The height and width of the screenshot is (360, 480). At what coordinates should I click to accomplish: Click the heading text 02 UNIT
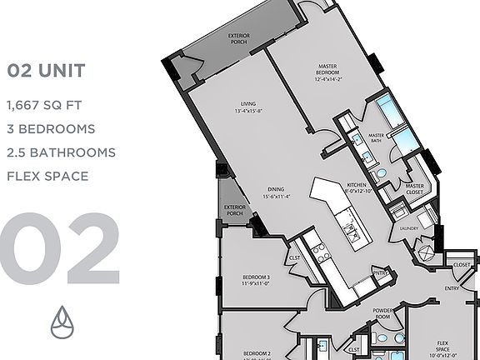[x=45, y=71]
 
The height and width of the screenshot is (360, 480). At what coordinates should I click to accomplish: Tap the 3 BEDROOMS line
[x=50, y=129]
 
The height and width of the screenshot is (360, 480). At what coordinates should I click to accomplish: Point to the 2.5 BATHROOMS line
[x=61, y=152]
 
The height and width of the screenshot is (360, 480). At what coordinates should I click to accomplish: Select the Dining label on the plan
[x=265, y=188]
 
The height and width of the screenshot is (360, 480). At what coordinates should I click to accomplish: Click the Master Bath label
[x=377, y=138]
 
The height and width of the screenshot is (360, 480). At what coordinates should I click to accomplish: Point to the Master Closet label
[x=414, y=189]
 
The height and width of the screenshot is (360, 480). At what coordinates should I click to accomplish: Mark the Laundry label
[x=409, y=227]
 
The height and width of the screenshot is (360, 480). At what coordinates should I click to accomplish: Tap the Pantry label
[x=382, y=272]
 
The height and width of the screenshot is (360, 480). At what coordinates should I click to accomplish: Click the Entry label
[x=452, y=288]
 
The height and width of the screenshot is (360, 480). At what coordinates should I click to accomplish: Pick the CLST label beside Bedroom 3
[x=294, y=258]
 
